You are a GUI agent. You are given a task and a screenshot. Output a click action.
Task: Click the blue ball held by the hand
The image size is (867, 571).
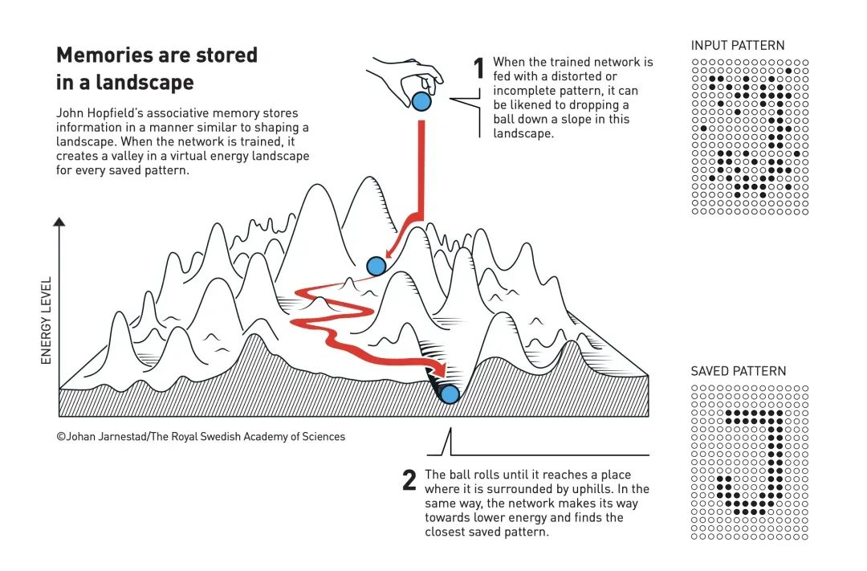(421, 102)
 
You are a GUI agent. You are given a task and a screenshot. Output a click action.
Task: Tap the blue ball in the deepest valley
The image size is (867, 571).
(450, 394)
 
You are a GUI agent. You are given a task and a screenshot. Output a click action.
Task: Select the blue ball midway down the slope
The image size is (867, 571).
(377, 266)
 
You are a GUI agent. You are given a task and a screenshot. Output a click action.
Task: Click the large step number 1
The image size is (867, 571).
(478, 68)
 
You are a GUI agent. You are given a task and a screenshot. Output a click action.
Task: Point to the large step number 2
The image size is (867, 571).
(409, 479)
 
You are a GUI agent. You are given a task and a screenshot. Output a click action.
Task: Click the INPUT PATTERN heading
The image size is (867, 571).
(738, 45)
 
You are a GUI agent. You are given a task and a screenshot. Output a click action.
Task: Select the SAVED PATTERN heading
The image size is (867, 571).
(739, 371)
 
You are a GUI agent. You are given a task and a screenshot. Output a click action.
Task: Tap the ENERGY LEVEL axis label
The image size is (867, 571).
(46, 320)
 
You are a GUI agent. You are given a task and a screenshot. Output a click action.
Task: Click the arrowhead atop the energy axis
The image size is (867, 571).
(59, 222)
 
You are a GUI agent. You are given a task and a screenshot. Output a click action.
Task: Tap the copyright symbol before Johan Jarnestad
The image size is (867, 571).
(61, 437)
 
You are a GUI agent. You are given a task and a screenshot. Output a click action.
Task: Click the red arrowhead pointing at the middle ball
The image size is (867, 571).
(390, 251)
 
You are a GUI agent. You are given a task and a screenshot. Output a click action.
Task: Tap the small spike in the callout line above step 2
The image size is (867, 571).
(450, 441)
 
